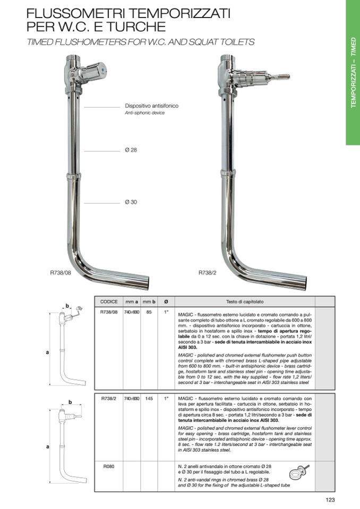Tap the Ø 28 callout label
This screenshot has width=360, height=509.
[131, 150]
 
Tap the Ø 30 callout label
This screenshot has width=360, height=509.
[131, 202]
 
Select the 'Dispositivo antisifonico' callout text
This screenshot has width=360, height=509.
[152, 106]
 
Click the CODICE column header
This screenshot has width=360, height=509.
[109, 301]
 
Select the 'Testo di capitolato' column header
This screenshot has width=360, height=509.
[244, 301]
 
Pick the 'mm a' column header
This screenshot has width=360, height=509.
[131, 301]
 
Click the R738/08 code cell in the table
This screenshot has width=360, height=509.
[109, 313]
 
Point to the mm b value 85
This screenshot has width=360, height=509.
[149, 313]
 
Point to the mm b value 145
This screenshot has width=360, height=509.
[149, 398]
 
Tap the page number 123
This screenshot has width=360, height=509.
[330, 499]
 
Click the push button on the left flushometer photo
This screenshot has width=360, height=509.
[102, 70]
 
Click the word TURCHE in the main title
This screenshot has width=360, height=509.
[135, 25]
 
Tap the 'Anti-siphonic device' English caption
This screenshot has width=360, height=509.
[144, 113]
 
